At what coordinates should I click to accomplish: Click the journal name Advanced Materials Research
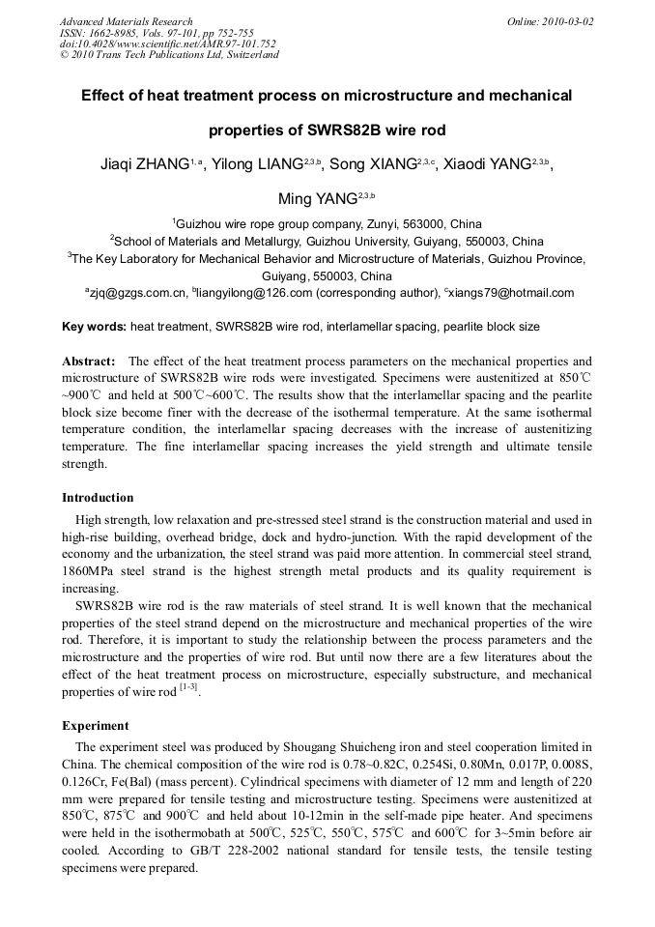coord(126,21)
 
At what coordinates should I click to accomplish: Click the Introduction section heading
coord(98,498)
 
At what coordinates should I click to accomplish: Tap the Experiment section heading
coord(95,725)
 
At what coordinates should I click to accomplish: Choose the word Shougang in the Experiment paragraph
coord(286,746)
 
